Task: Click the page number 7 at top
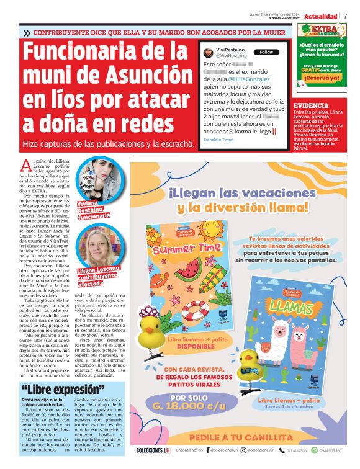(x=345, y=16)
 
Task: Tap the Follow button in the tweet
(x=266, y=52)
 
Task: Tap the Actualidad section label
(x=321, y=16)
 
